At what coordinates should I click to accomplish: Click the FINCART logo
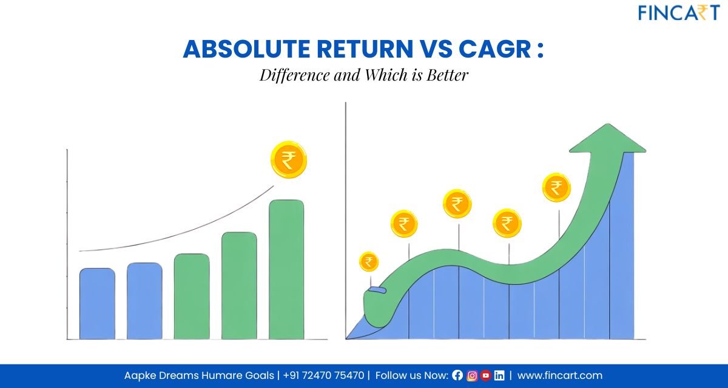pos(678,12)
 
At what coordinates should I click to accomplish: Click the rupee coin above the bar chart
pos(289,160)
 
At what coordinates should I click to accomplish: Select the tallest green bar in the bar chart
pos(286,269)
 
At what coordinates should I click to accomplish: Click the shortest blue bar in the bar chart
pos(97,303)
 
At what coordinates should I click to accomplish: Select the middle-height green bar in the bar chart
pos(239,285)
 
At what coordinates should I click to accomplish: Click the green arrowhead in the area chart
pos(607,139)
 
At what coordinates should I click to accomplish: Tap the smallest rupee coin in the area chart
pos(369,262)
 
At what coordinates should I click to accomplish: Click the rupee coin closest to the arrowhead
pos(556,187)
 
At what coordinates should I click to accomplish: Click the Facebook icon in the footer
pos(457,376)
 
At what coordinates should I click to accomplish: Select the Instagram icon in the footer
pos(471,376)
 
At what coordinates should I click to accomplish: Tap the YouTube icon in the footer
pos(485,376)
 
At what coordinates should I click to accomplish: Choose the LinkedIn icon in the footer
pos(499,376)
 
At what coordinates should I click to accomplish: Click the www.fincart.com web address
pos(559,376)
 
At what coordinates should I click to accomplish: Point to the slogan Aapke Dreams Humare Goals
pos(199,376)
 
